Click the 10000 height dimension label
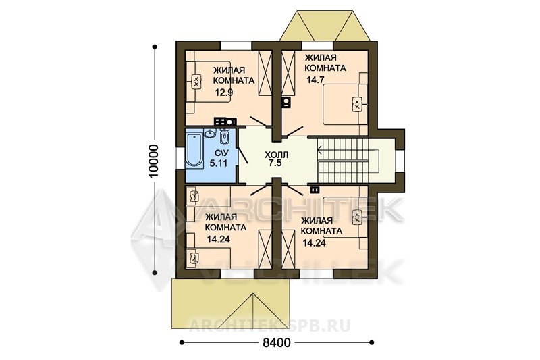154,160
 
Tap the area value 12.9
224,92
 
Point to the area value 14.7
315,80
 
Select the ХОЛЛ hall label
277,155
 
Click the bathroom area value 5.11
219,163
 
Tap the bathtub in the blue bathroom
194,151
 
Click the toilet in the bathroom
224,136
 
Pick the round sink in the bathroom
209,133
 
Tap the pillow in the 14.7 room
358,103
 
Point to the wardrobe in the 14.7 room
289,72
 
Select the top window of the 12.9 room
236,45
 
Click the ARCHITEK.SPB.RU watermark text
269,324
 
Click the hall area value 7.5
275,163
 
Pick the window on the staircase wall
400,161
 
